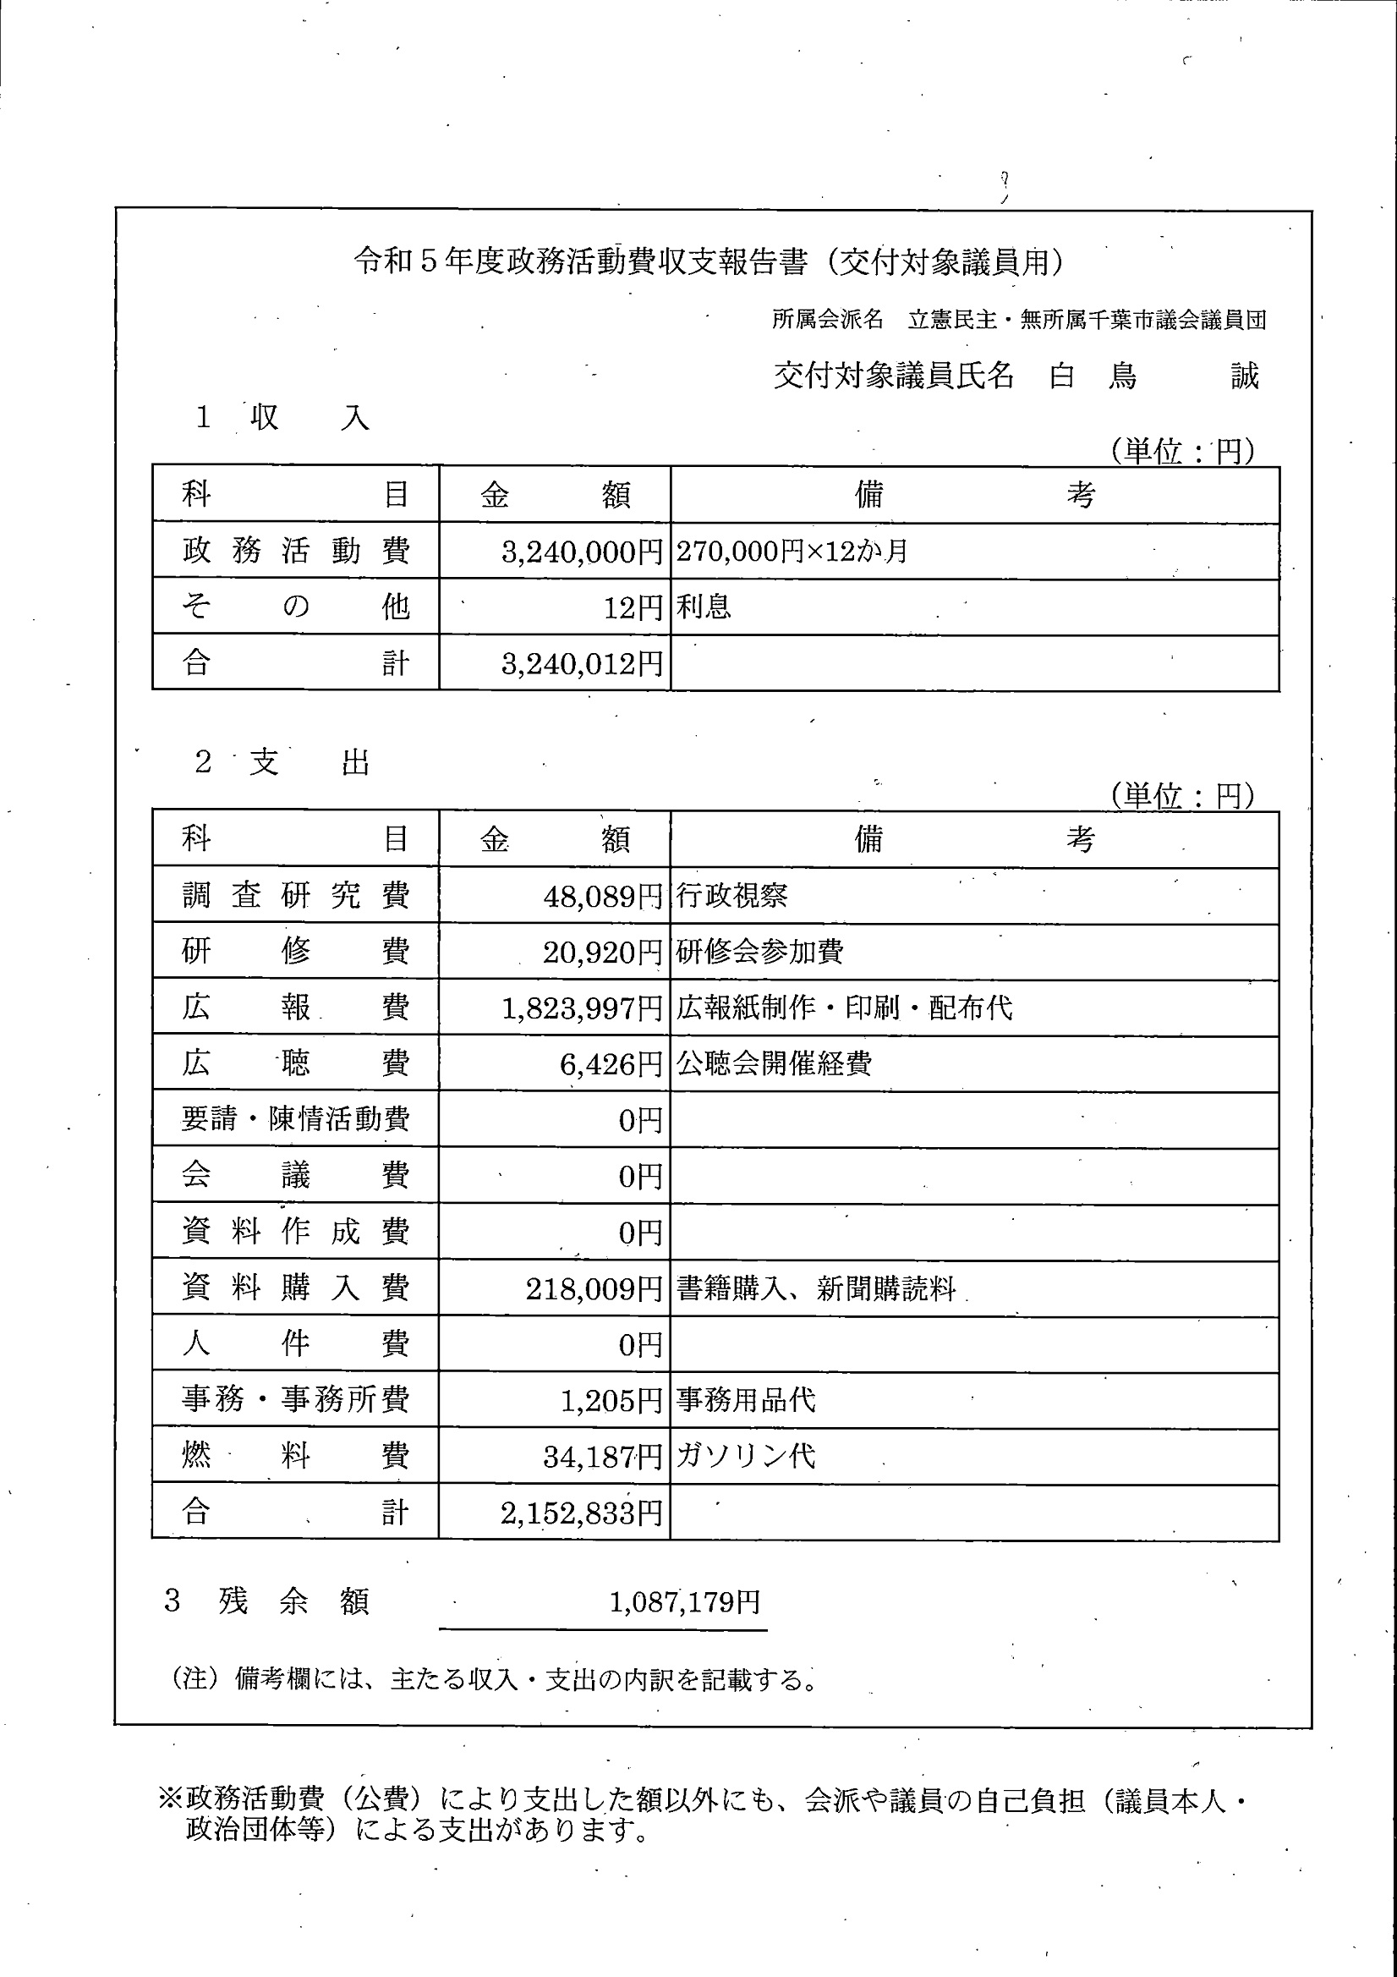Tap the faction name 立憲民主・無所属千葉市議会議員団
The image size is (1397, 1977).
click(x=1087, y=321)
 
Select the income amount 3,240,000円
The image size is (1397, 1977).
click(x=582, y=552)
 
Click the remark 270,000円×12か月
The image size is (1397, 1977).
click(x=792, y=551)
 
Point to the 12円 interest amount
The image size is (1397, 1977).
click(x=633, y=608)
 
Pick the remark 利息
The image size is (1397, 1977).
click(x=704, y=607)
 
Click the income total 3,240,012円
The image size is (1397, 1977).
click(x=582, y=664)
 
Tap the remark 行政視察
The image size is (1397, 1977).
click(x=731, y=897)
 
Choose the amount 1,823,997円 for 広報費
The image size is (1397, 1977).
click(x=582, y=1008)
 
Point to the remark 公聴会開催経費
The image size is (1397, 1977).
click(x=774, y=1063)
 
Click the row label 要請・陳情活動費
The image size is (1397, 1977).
click(x=295, y=1119)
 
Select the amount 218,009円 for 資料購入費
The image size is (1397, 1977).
click(x=594, y=1289)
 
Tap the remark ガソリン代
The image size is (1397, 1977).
click(x=745, y=1457)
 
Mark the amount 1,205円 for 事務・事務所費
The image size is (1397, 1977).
click(x=611, y=1401)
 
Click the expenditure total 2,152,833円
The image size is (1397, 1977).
click(x=582, y=1513)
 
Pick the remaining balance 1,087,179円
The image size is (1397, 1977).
click(x=685, y=1601)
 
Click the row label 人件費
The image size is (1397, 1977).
click(x=295, y=1344)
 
